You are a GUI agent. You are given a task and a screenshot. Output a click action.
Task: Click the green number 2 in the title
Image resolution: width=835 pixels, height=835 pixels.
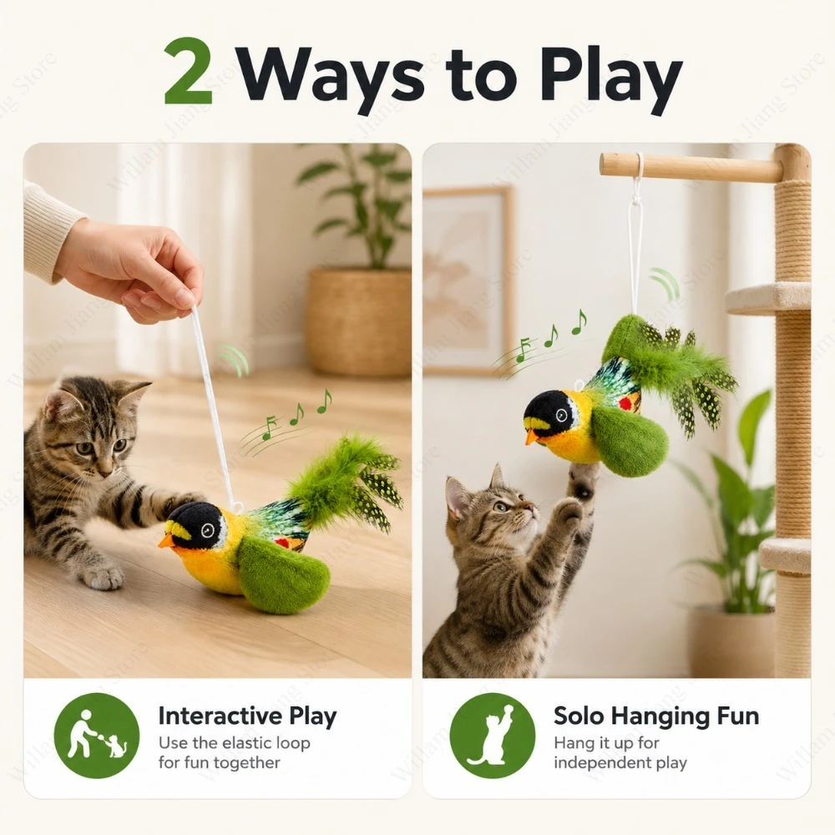coord(188,71)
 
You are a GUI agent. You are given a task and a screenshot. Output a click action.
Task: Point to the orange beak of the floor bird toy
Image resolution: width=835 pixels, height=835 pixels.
coord(166,541)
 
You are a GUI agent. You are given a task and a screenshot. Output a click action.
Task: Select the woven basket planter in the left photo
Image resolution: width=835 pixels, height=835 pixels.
coord(358,321)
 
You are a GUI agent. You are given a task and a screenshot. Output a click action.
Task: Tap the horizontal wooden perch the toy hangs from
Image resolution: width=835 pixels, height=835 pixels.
coord(692,165)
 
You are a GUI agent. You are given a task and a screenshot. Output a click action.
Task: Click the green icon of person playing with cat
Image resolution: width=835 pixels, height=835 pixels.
coord(96,736)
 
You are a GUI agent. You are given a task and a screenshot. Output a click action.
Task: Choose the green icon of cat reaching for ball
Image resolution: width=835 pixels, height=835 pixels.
coord(492,736)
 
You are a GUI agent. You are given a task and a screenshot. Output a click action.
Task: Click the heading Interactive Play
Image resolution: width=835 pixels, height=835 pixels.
coord(248,716)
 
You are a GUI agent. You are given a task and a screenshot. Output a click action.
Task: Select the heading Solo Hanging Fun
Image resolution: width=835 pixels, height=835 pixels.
coord(656,716)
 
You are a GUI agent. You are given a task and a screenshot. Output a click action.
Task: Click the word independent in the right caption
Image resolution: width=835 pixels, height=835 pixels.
coord(602,763)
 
